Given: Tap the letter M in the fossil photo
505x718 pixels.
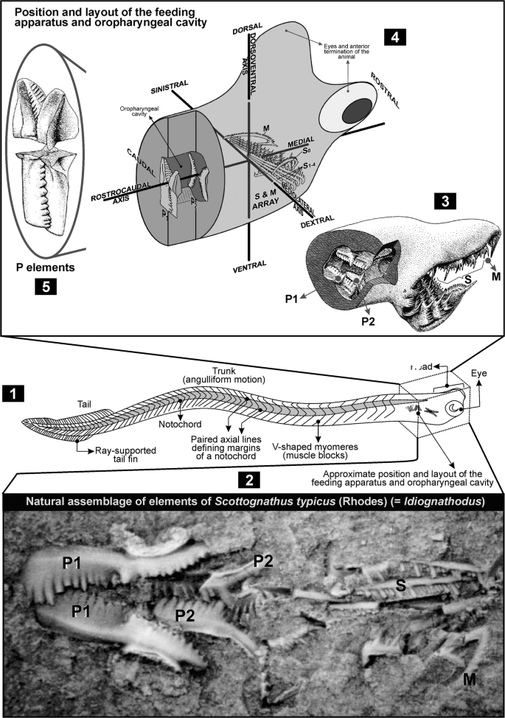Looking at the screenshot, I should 469,676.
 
